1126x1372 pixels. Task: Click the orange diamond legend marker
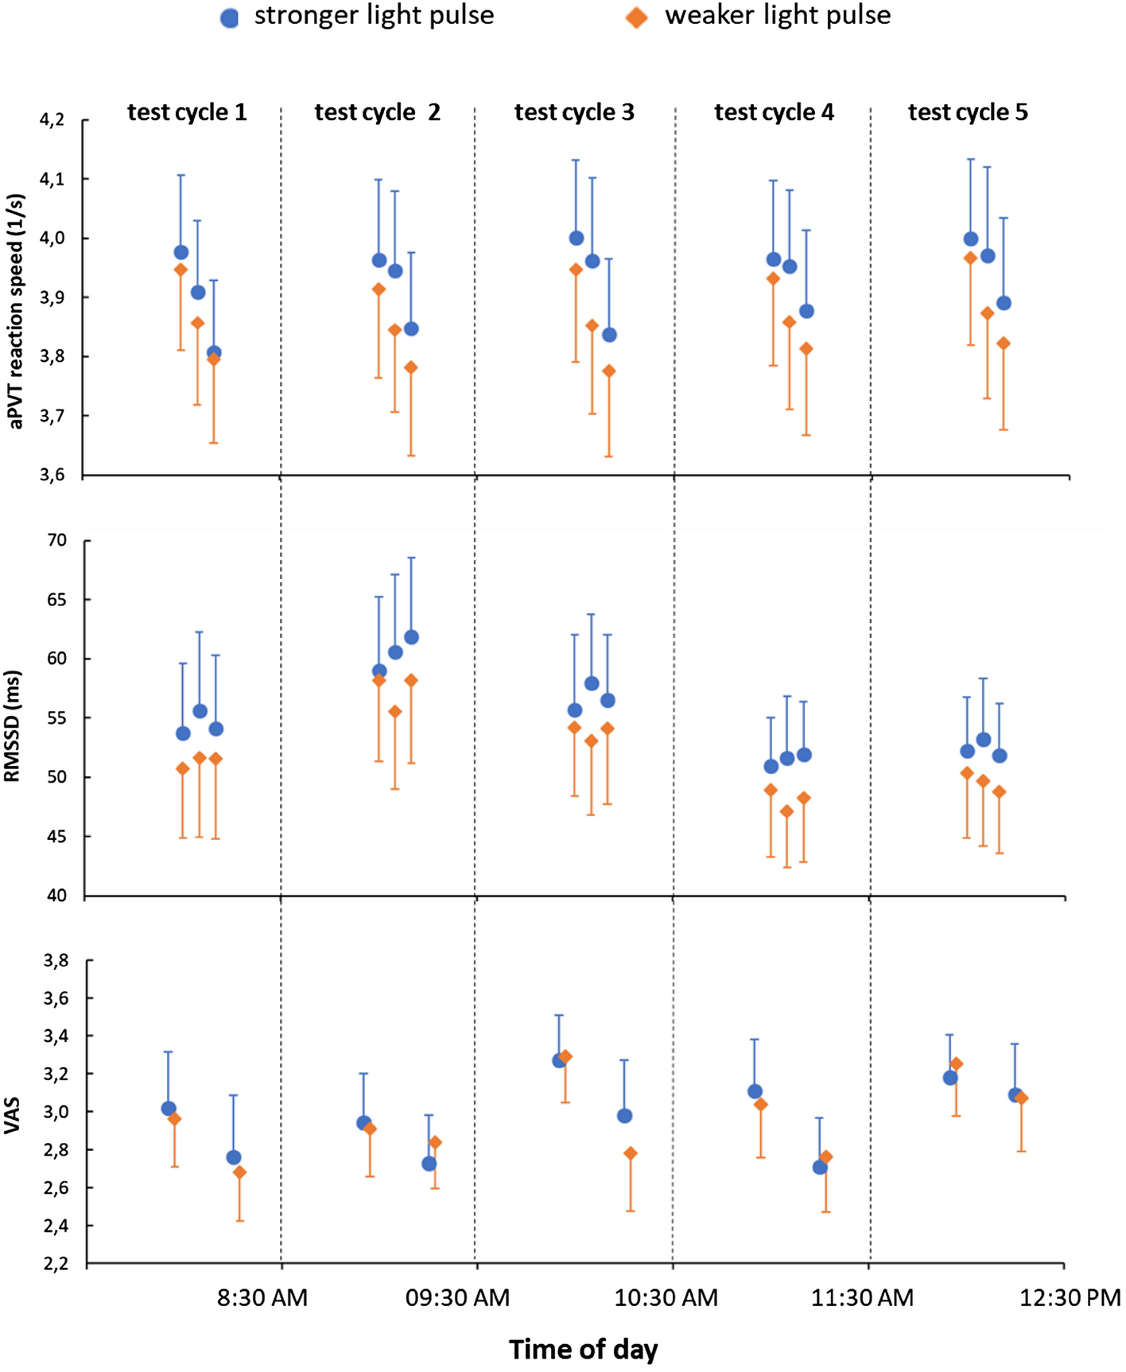pos(636,17)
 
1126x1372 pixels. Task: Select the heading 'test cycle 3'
pos(574,112)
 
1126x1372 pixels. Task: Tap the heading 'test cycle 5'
pos(968,112)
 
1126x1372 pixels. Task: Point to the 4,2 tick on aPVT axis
pos(52,120)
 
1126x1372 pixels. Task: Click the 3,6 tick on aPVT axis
pos(52,476)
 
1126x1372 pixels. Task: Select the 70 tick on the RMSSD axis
pos(57,541)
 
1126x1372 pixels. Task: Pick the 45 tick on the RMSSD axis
pos(57,837)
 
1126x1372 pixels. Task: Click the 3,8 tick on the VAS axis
pos(55,961)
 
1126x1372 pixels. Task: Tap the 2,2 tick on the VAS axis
pos(55,1264)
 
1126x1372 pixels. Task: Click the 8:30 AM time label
pos(262,1299)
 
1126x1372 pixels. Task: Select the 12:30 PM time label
pos(1070,1299)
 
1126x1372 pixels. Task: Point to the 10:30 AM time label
pos(666,1299)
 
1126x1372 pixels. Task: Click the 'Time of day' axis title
pos(584,1350)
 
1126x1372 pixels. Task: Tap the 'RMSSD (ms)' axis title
pos(13,726)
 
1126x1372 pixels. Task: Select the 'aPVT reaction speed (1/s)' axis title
pos(17,311)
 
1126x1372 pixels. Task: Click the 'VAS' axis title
pos(13,1115)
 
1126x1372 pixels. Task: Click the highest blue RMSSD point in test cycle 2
pos(411,637)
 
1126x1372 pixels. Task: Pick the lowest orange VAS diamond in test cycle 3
pos(631,1153)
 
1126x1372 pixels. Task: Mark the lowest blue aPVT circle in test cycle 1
pos(214,352)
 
